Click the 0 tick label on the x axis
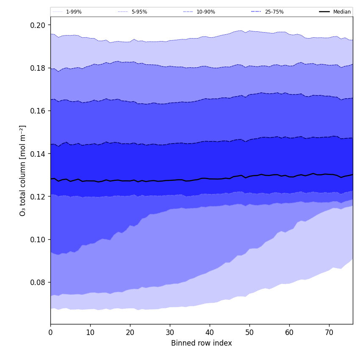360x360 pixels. point(50,332)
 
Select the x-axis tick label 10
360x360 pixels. point(90,332)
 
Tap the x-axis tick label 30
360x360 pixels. point(170,332)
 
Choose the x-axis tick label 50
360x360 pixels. point(249,332)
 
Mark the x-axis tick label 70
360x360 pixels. point(329,332)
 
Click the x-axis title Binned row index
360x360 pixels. point(202,343)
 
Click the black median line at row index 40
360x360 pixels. point(210,179)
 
